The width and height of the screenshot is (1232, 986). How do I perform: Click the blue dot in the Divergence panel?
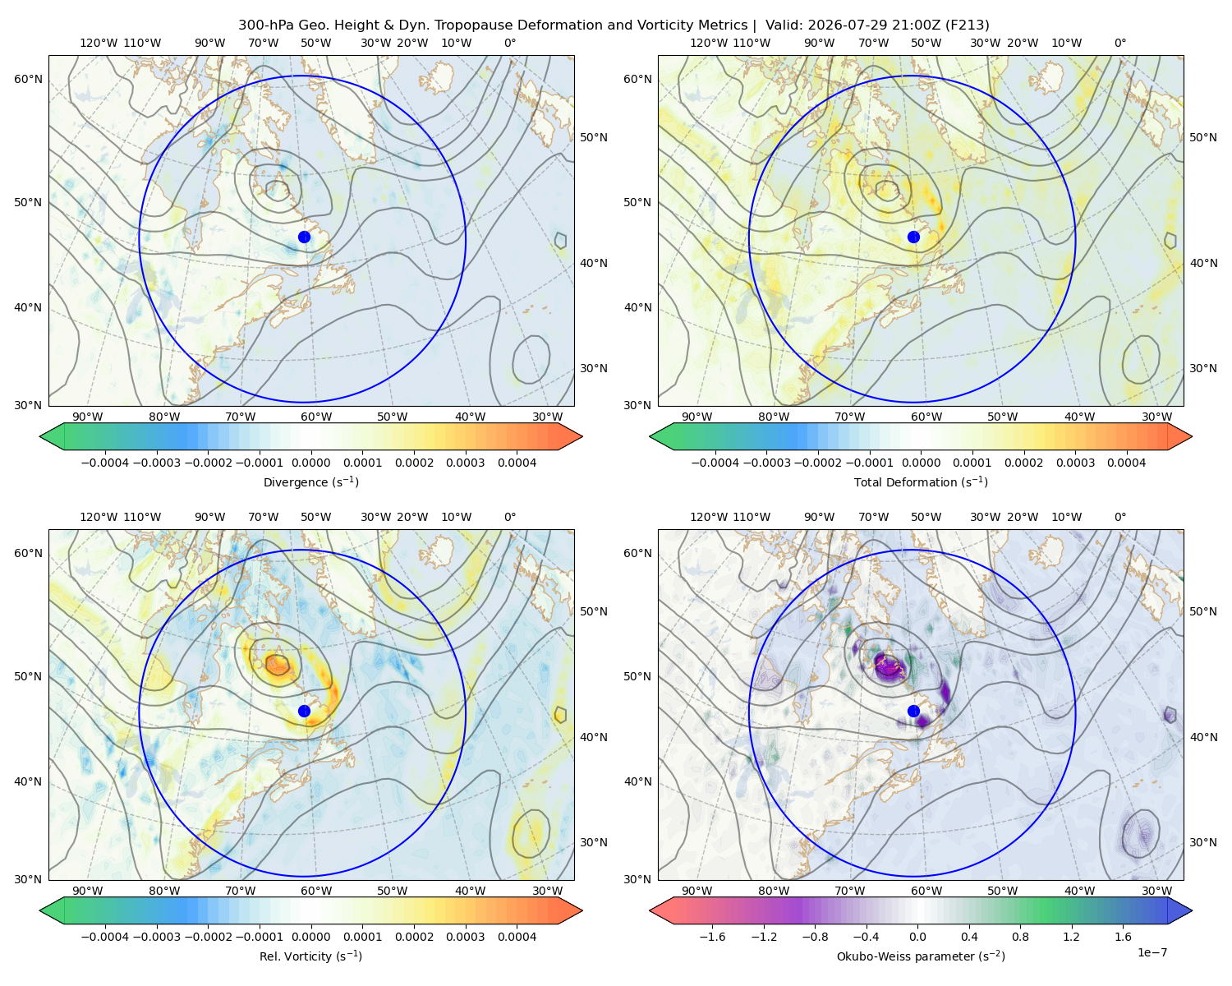click(x=304, y=237)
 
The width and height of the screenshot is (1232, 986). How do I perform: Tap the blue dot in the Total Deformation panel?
click(x=913, y=237)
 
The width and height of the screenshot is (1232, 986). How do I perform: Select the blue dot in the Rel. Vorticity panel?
click(x=304, y=711)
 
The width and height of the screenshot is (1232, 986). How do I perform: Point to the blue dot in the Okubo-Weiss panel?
click(x=913, y=711)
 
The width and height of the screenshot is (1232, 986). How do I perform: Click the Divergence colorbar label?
click(x=310, y=482)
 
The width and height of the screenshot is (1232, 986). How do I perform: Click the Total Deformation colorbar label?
click(x=921, y=482)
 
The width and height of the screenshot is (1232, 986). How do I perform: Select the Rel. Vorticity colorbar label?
click(x=310, y=956)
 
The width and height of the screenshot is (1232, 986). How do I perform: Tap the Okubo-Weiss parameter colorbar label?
click(x=921, y=956)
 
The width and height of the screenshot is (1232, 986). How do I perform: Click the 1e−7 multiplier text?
click(x=1152, y=953)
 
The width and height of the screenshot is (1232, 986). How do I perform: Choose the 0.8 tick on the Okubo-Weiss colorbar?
click(x=1020, y=937)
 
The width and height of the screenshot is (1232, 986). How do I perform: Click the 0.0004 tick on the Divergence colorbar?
click(x=517, y=463)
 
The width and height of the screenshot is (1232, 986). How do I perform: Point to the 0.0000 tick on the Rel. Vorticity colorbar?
click(x=310, y=937)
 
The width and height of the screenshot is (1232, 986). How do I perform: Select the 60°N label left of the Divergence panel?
click(x=28, y=79)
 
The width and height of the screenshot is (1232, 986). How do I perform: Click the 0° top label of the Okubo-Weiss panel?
click(x=1119, y=517)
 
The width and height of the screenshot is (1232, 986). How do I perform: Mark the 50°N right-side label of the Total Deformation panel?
click(x=1202, y=137)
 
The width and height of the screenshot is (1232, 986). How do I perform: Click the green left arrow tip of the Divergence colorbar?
click(x=40, y=436)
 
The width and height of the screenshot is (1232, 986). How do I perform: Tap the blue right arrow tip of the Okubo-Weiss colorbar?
click(x=1192, y=910)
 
